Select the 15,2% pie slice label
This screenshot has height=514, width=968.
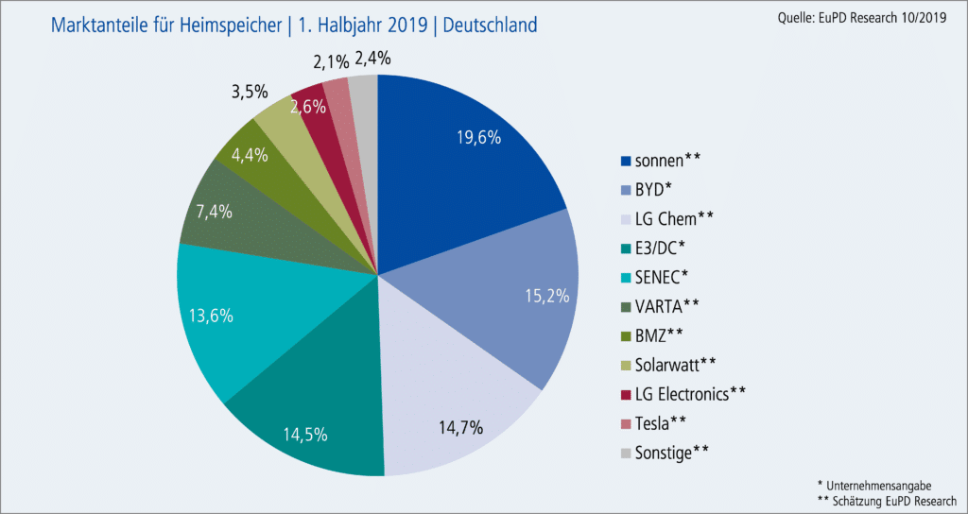coord(545,296)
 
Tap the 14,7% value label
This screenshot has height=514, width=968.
coord(458,427)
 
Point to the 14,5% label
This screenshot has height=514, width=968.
coord(305,435)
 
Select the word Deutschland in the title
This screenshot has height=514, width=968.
coord(483,24)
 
